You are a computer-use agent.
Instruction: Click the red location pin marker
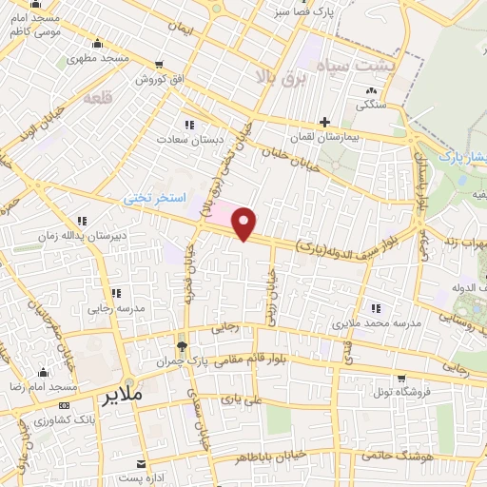point(245,224)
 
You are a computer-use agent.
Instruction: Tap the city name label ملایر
point(120,392)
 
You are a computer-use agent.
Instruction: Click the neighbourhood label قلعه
point(97,97)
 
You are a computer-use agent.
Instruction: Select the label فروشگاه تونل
point(400,391)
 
